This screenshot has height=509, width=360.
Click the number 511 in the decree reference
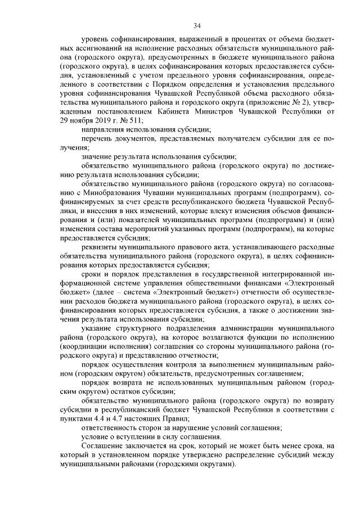tap(134, 120)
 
